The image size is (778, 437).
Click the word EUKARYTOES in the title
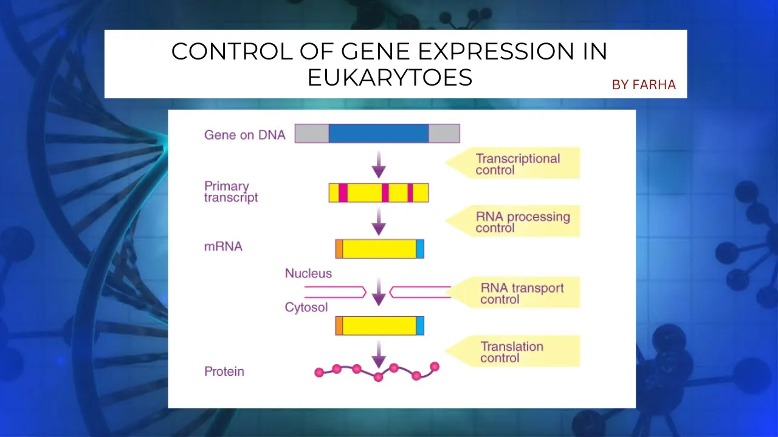click(390, 78)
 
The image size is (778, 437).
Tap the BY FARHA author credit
click(644, 85)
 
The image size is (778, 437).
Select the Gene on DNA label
click(244, 135)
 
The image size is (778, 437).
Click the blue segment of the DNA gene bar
click(379, 133)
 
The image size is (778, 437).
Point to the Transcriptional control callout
click(517, 164)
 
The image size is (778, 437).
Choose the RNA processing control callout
click(522, 222)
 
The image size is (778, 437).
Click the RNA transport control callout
click(522, 293)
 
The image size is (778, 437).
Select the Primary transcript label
click(231, 192)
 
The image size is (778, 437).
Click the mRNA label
click(223, 247)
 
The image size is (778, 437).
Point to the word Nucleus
click(308, 274)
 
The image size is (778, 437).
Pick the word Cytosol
click(306, 308)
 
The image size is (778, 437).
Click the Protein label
click(224, 371)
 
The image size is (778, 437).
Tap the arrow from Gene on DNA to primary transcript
click(379, 163)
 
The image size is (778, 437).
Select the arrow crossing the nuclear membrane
click(379, 292)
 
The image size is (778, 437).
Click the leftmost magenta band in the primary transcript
click(343, 192)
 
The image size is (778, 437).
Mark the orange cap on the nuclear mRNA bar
click(339, 249)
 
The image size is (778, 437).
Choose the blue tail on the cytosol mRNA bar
click(420, 325)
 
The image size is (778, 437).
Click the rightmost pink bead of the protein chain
click(435, 366)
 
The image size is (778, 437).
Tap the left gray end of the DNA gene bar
click(312, 133)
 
